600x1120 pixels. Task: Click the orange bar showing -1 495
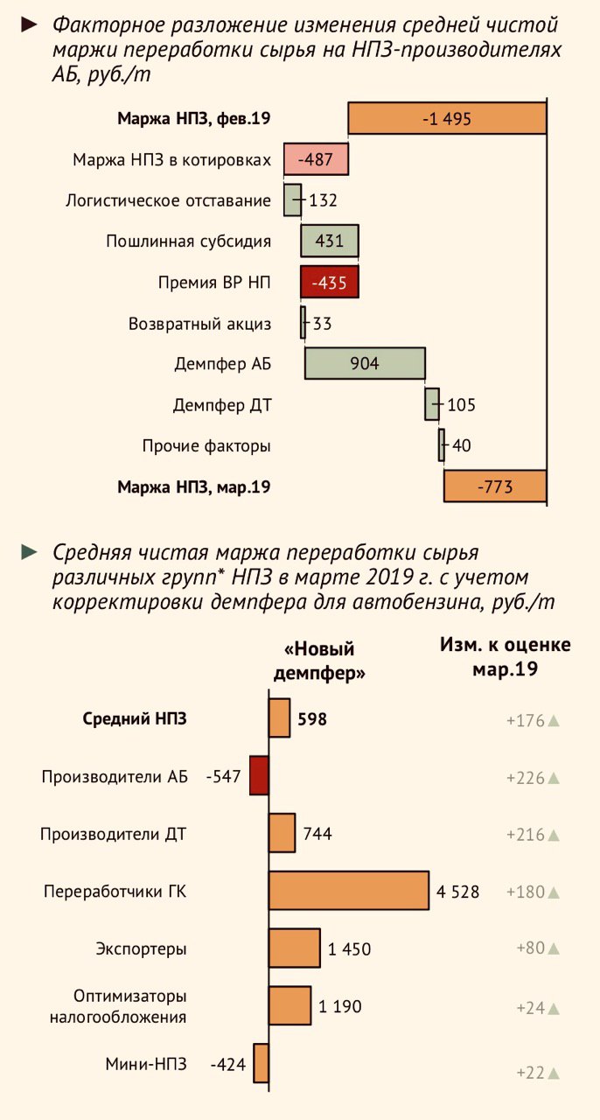click(x=446, y=118)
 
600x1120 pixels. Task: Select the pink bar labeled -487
click(x=316, y=159)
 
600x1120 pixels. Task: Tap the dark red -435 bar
click(x=329, y=283)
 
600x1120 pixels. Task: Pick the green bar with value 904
click(x=365, y=363)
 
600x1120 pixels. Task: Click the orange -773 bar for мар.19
click(x=494, y=486)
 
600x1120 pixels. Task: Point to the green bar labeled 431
click(x=329, y=241)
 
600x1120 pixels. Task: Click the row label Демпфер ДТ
click(x=221, y=405)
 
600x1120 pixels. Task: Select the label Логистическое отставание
click(x=168, y=200)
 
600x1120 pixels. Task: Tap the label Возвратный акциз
click(x=199, y=324)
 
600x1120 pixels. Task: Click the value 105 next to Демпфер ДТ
click(x=461, y=405)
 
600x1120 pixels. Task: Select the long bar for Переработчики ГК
click(x=348, y=891)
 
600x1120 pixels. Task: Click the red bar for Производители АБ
click(x=258, y=776)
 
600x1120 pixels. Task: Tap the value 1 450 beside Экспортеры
click(x=350, y=949)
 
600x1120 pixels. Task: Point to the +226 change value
click(x=525, y=778)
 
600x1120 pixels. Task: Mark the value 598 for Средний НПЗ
click(x=311, y=719)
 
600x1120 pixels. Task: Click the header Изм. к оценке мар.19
click(x=505, y=657)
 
